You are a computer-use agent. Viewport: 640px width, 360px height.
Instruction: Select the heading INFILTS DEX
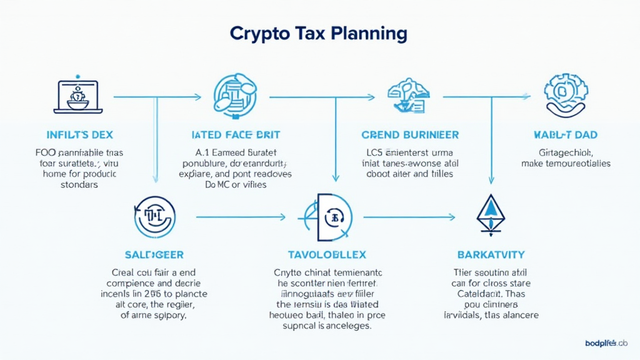[x=79, y=134]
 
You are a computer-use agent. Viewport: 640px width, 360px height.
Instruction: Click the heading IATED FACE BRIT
[x=235, y=134]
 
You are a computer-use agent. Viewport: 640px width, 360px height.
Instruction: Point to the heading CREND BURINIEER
[x=410, y=134]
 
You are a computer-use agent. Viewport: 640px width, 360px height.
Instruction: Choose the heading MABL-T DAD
[x=565, y=134]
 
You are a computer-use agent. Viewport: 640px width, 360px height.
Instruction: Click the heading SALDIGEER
[x=154, y=255]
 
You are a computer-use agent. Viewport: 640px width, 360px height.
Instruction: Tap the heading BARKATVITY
[x=491, y=255]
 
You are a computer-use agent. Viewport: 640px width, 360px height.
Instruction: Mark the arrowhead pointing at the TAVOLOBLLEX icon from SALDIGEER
[x=282, y=217]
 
